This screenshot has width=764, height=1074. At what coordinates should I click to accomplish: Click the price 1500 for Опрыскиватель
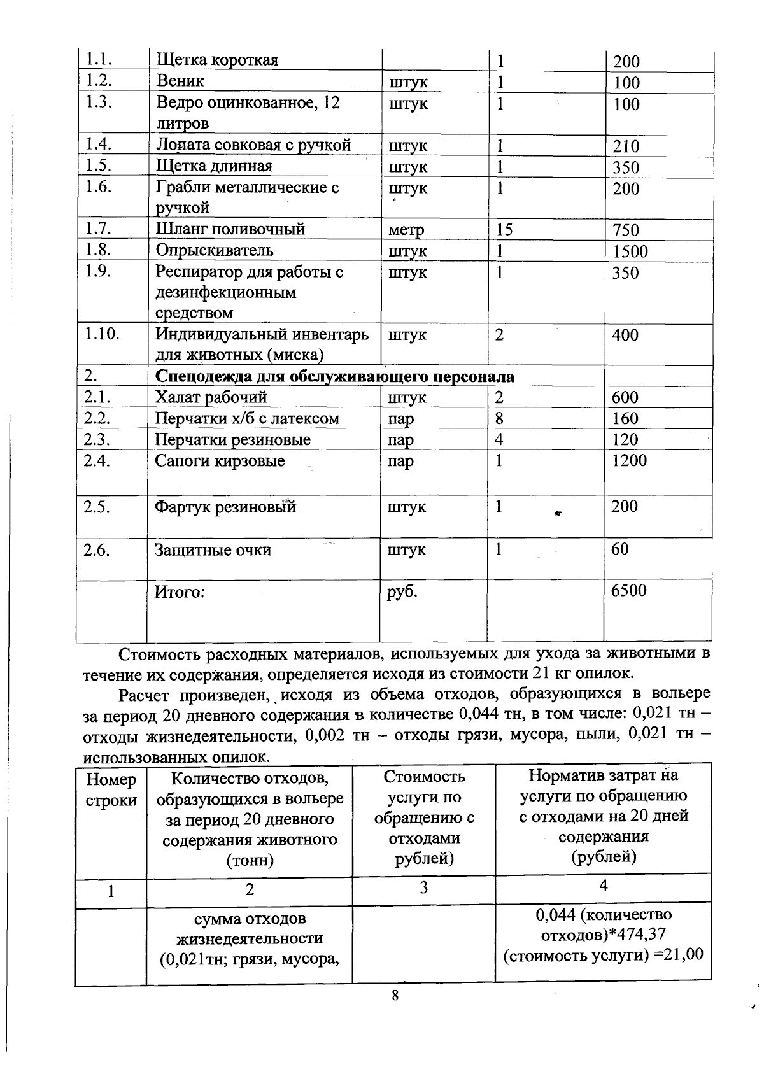630,251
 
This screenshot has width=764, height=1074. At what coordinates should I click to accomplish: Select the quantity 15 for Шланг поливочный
504,229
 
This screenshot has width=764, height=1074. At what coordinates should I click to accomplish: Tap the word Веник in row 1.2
180,81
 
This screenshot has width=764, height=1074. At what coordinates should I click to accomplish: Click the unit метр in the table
406,230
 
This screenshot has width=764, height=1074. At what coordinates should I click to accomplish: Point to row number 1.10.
102,333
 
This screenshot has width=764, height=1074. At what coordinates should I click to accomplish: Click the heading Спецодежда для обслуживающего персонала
335,376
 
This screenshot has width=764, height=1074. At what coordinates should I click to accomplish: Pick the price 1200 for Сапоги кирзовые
629,460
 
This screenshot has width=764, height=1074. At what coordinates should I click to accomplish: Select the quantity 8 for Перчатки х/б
499,418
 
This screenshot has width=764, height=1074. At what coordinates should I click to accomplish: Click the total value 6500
628,591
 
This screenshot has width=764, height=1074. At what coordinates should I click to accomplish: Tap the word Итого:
180,592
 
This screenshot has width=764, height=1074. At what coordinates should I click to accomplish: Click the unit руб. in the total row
402,591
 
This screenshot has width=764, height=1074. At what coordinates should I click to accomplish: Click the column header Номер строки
111,790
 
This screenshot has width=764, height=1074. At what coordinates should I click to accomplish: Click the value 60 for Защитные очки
619,549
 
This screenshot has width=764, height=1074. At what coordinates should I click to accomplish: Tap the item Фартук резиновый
225,507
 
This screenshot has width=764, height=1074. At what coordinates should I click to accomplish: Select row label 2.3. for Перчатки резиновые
98,439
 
